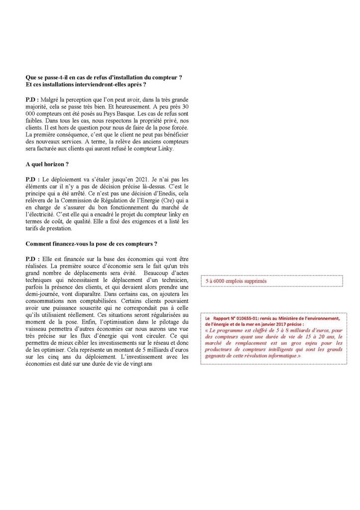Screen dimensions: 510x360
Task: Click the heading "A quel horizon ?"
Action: tap(47, 164)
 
